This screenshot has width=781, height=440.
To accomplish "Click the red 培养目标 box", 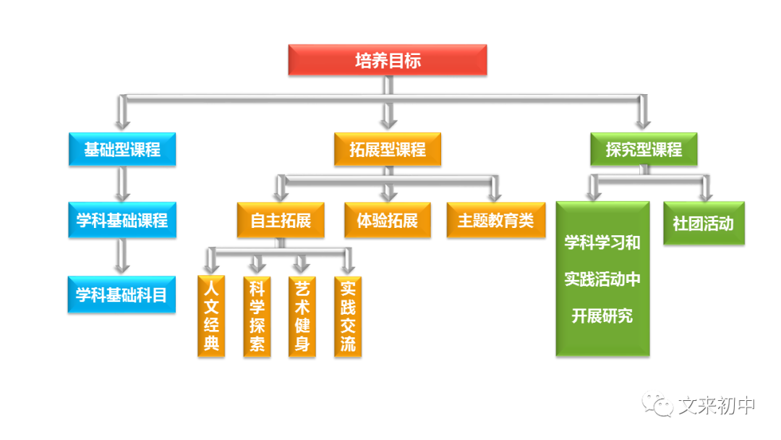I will point(388,60).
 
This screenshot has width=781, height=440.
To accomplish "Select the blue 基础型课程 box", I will point(122,150).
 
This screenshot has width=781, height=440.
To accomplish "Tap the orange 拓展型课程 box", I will point(388,150).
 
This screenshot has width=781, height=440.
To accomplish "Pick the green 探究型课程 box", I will point(644,150).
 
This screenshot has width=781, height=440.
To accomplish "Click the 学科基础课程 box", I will point(122,220).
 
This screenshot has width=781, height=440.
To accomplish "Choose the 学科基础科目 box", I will point(122,295).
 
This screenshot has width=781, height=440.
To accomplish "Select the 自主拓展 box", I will point(281,220).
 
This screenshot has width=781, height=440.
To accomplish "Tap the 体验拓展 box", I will point(388,220).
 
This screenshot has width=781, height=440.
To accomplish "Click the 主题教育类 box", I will point(495,220).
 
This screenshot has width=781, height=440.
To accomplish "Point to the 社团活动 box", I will point(703,223).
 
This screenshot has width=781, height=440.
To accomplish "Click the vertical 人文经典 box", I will point(211,316).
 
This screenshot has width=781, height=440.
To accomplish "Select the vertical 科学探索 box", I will point(257,316).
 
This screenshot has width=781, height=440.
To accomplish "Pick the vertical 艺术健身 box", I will point(302,316).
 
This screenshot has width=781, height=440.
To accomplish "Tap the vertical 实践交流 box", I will point(348,316).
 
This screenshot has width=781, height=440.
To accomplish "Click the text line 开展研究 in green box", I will point(602,316).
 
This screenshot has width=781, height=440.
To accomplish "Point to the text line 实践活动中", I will point(602,279).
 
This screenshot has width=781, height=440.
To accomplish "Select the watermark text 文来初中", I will point(717,406).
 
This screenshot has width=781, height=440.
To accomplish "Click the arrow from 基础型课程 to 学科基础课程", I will point(122,184).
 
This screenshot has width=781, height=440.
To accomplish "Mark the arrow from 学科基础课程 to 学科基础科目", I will point(122,256).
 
